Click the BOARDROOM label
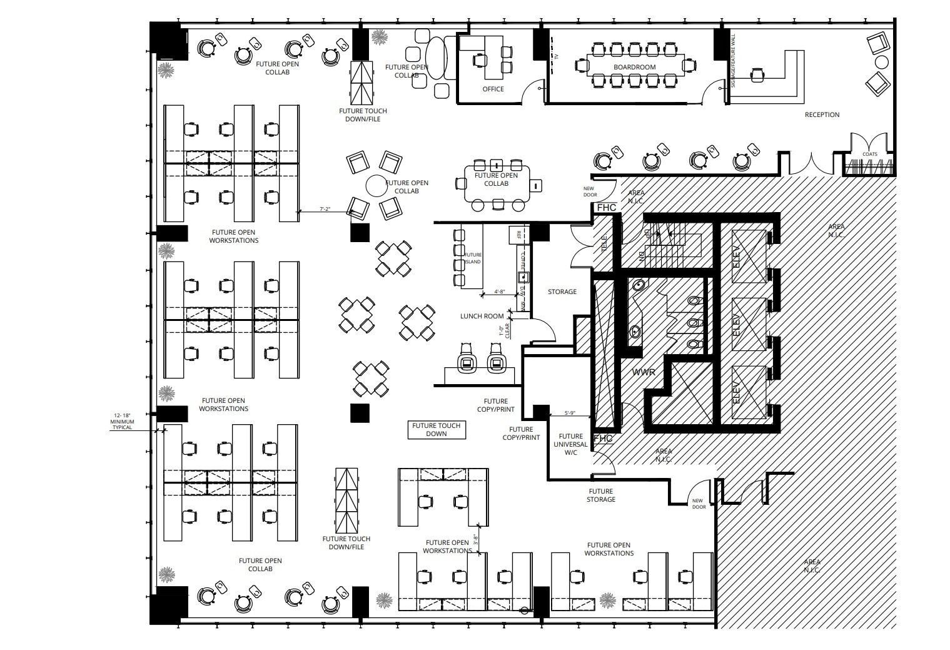[x=634, y=67]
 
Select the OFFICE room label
[x=493, y=89]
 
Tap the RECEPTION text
[x=822, y=115]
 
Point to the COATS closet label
[x=869, y=155]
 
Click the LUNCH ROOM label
[x=482, y=317]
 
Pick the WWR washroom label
[x=644, y=372]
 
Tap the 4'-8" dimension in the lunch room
[x=500, y=292]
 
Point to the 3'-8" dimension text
[x=476, y=539]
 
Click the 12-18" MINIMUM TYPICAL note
[x=122, y=421]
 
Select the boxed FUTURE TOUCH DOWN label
[x=436, y=430]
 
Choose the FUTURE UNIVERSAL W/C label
[x=570, y=444]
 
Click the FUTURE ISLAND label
[x=473, y=258]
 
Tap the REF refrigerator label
[x=518, y=235]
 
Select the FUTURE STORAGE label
[x=600, y=495]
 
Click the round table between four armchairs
[x=376, y=185]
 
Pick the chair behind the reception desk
[x=757, y=74]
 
